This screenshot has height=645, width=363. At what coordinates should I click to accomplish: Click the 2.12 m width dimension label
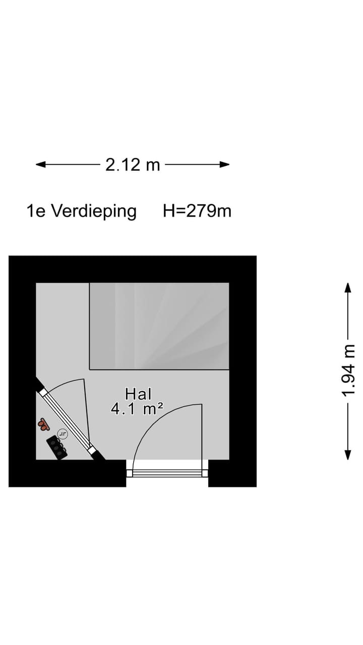click(x=133, y=165)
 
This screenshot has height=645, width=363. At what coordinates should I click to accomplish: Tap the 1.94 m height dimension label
click(x=348, y=370)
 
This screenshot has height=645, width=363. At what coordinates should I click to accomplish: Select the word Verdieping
click(x=94, y=212)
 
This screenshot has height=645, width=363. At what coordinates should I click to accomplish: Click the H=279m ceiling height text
click(x=197, y=211)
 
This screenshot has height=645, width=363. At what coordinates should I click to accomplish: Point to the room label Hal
click(x=138, y=394)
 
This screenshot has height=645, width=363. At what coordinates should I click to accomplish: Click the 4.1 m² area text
click(x=137, y=409)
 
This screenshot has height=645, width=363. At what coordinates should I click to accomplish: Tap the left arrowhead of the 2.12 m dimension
click(x=41, y=165)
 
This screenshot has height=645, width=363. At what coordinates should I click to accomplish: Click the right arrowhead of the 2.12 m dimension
click(x=224, y=165)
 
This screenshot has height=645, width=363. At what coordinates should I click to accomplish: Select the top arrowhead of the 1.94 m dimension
click(x=348, y=288)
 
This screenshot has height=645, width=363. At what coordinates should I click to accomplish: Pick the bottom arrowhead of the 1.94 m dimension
click(x=348, y=455)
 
